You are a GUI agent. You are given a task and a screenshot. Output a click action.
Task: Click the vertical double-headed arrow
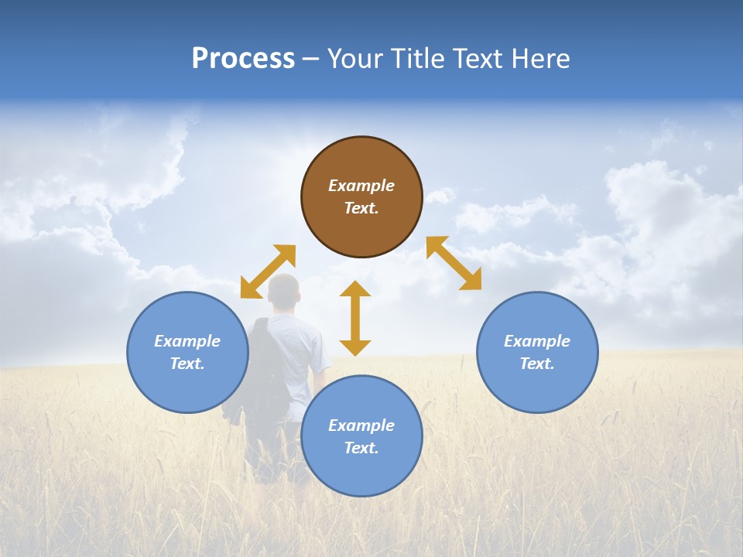coord(355,318)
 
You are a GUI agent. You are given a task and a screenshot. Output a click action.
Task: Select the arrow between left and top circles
coord(268,272)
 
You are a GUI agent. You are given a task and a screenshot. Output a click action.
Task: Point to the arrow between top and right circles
coord(454,263)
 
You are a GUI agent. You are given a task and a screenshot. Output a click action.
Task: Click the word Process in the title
coord(243,58)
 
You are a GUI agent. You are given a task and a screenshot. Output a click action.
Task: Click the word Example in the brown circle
coord(361,186)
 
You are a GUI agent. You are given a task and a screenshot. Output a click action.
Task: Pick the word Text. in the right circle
coord(537,364)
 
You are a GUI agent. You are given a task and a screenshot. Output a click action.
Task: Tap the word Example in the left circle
coord(187,341)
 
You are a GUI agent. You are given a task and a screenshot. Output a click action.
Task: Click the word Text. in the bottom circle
coord(361,448)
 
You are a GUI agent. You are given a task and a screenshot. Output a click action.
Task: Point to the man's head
coord(282,291)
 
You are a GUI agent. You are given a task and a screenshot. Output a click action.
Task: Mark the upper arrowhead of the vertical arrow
coord(355,289)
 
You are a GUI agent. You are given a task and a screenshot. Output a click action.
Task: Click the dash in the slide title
coord(311,59)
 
